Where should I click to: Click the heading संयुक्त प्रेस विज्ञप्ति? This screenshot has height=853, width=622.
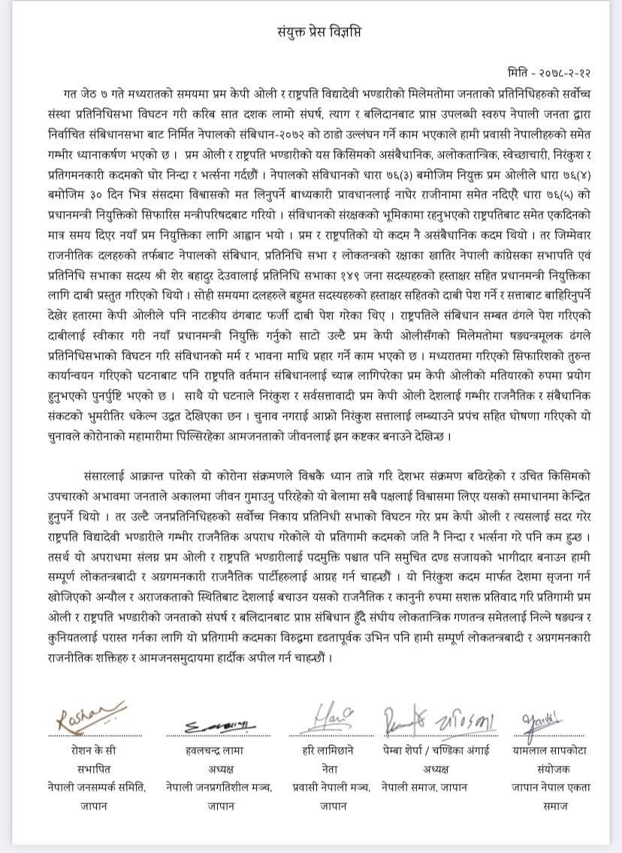tap(310, 32)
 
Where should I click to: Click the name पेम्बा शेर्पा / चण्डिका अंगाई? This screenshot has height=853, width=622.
tap(430, 749)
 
